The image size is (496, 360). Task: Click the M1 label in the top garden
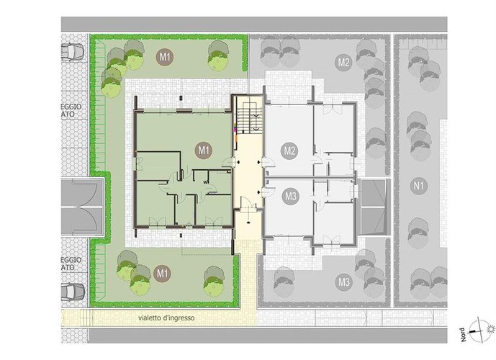pyautogui.click(x=166, y=56)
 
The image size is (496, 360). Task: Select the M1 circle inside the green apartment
pyautogui.click(x=204, y=150)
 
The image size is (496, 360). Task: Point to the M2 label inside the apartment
pyautogui.click(x=289, y=151)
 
